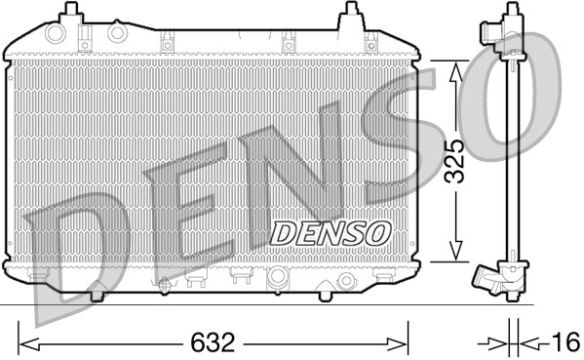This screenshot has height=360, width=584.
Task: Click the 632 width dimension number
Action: coord(212,343)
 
